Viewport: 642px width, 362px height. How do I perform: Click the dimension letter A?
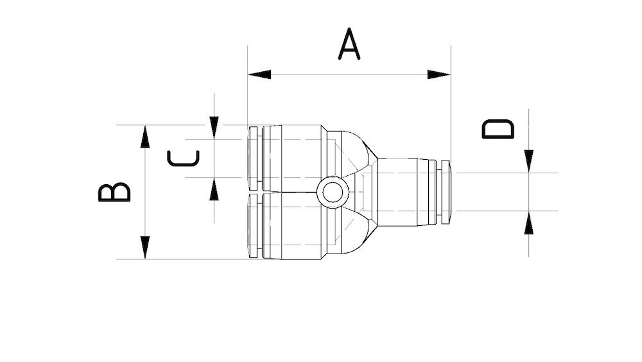(349, 44)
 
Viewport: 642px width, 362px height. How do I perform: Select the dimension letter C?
(184, 158)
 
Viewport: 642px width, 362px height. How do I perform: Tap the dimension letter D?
(498, 129)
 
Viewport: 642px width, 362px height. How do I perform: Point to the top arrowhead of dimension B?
(145, 137)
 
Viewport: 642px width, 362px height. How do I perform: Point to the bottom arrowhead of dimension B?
(145, 248)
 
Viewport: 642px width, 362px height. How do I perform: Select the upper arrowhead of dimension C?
(214, 128)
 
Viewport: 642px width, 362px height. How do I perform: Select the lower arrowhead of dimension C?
(214, 189)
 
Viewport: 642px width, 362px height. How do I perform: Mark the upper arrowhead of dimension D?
(528, 161)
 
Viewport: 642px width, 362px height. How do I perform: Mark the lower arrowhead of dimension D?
(528, 223)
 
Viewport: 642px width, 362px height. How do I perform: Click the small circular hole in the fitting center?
(333, 192)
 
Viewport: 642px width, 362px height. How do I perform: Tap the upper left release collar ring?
(254, 158)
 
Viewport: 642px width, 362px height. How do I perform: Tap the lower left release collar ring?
(254, 226)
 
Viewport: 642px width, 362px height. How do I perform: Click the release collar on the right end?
(444, 192)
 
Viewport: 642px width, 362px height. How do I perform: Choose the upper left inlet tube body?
(294, 158)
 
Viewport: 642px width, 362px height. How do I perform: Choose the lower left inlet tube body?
(294, 226)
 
